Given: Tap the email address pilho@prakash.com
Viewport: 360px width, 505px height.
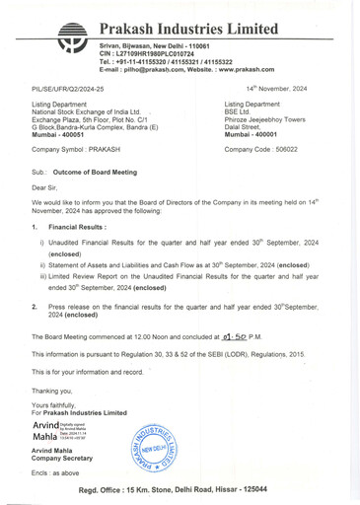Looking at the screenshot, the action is coord(156,71).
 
